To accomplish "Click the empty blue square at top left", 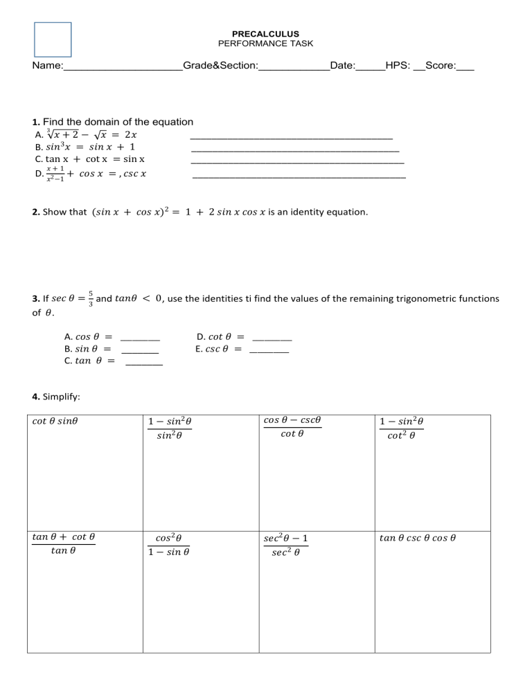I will point(53,39).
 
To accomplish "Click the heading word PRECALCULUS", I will point(265,34).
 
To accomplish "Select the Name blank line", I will point(123,69).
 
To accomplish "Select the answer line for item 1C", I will point(297,162).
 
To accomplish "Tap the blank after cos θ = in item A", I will point(140,339).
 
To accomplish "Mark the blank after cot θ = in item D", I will point(272,339).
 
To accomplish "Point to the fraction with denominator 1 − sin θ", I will point(170,544).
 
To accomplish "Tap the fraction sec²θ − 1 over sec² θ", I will point(286,544).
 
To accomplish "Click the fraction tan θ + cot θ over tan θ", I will point(63,544).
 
